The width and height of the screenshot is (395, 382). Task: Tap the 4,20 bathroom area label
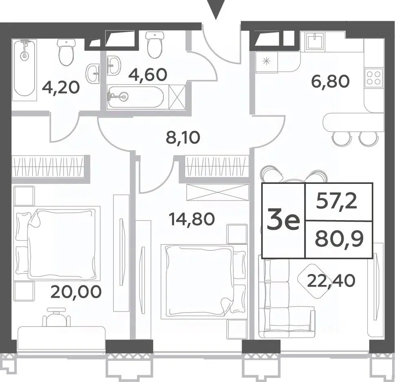[x=61, y=87]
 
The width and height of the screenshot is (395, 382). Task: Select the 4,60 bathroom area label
[x=148, y=74]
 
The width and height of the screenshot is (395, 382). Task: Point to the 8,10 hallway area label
[x=183, y=137]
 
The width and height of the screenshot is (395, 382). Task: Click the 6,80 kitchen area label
[x=331, y=82]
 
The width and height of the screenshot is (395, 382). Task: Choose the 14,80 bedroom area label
[x=192, y=219]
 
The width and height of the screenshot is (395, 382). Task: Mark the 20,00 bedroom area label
[x=76, y=291]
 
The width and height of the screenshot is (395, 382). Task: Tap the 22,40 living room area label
[x=331, y=281]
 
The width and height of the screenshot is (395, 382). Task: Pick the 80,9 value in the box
[x=339, y=239]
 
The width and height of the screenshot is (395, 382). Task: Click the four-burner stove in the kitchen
[x=374, y=78]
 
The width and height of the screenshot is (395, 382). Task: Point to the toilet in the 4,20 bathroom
[x=66, y=52]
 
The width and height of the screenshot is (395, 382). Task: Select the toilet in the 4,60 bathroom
[x=154, y=44]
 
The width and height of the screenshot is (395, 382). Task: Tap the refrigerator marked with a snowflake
[x=266, y=62]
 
